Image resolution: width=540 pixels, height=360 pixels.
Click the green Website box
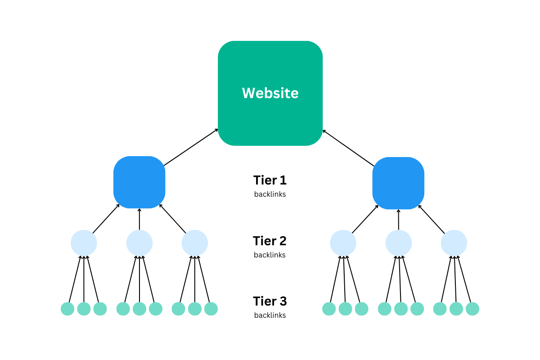pyautogui.click(x=270, y=93)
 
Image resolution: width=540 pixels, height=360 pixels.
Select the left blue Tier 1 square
pyautogui.click(x=139, y=182)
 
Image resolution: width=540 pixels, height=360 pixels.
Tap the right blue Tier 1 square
pyautogui.click(x=398, y=183)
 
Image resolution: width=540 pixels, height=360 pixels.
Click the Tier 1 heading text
pyautogui.click(x=270, y=180)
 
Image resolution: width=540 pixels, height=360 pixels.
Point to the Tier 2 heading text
pyautogui.click(x=270, y=241)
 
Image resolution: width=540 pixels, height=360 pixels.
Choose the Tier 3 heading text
pyautogui.click(x=270, y=301)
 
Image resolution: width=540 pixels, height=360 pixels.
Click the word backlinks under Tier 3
pyautogui.click(x=270, y=315)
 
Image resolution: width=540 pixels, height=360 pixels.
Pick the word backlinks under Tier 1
pyautogui.click(x=270, y=194)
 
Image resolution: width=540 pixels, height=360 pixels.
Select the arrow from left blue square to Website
pyautogui.click(x=191, y=147)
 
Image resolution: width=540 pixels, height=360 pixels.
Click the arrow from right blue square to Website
pyautogui.click(x=349, y=148)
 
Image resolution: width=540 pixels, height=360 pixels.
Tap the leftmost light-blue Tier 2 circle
pyautogui.click(x=84, y=243)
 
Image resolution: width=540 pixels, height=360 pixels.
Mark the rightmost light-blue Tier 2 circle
pyautogui.click(x=454, y=243)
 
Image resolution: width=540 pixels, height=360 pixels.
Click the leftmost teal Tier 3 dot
pyautogui.click(x=67, y=309)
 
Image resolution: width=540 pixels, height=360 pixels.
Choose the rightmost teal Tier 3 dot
pyautogui.click(x=472, y=309)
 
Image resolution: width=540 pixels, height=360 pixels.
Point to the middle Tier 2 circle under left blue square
pyautogui.click(x=139, y=243)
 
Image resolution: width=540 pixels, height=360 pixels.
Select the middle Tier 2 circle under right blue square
pyautogui.click(x=399, y=243)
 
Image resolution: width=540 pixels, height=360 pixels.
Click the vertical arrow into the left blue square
pyautogui.click(x=139, y=219)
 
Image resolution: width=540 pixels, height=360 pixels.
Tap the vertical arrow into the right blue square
pyautogui.click(x=399, y=220)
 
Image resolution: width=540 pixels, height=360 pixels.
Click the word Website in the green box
pyautogui.click(x=270, y=93)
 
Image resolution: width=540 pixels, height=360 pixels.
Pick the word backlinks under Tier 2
pyautogui.click(x=270, y=255)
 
